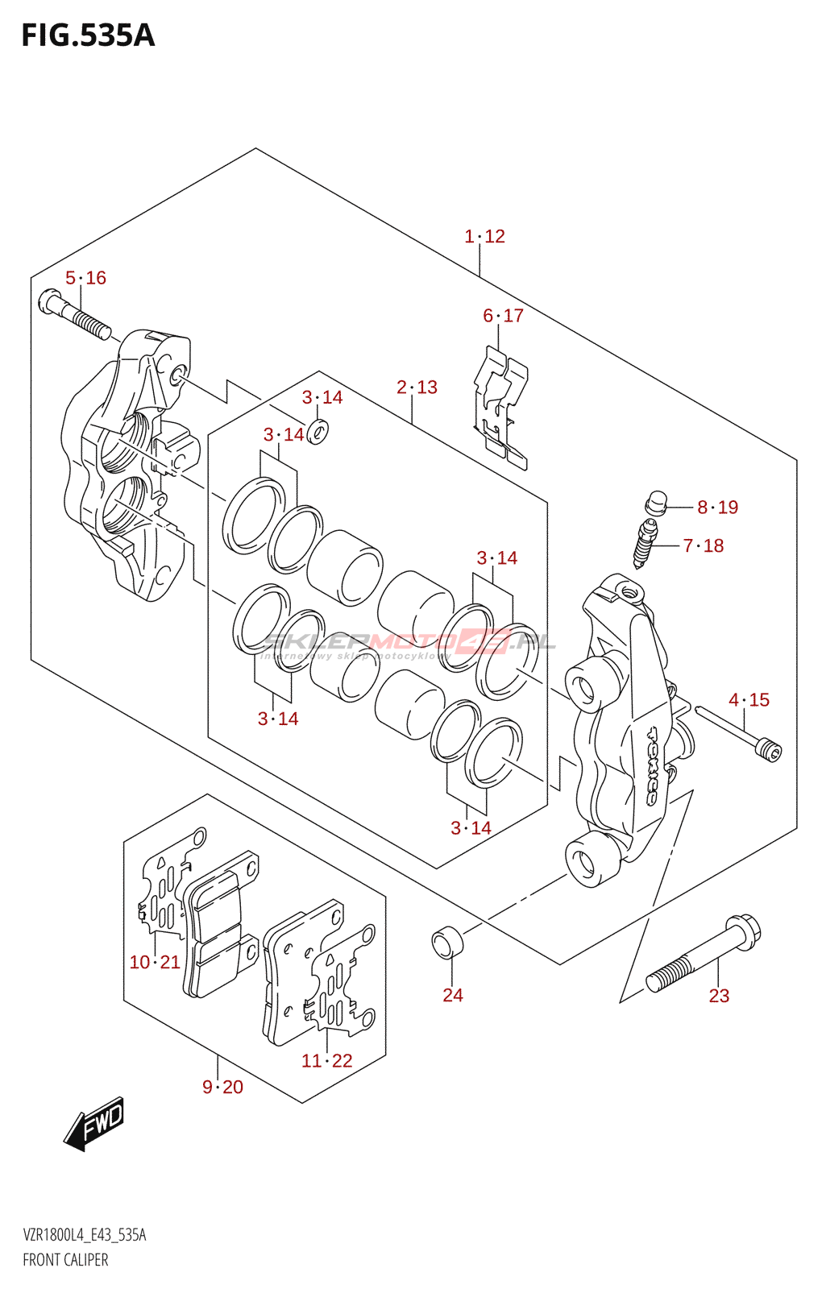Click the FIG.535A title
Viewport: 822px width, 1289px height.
pyautogui.click(x=88, y=36)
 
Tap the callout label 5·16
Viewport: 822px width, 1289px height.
pyautogui.click(x=85, y=278)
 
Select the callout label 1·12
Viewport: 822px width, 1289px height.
pyautogui.click(x=484, y=236)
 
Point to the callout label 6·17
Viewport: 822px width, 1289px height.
pyautogui.click(x=503, y=316)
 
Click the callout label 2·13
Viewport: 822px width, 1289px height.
pyautogui.click(x=417, y=388)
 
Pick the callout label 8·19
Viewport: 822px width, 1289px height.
pyautogui.click(x=717, y=508)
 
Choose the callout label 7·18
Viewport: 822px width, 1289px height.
pyautogui.click(x=703, y=546)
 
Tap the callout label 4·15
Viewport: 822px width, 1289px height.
pyautogui.click(x=749, y=700)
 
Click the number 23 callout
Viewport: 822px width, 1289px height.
pyautogui.click(x=719, y=996)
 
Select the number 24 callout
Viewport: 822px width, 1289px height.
pyautogui.click(x=453, y=996)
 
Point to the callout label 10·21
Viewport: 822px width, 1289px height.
pyautogui.click(x=155, y=963)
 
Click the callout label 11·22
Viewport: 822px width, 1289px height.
pyautogui.click(x=327, y=1061)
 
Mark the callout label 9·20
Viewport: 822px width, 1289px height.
pyautogui.click(x=222, y=1088)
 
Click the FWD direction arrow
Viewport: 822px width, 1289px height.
pyautogui.click(x=94, y=1122)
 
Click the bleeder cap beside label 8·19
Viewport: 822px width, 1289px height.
pyautogui.click(x=656, y=503)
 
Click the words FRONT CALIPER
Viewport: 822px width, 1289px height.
pyautogui.click(x=65, y=1260)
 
